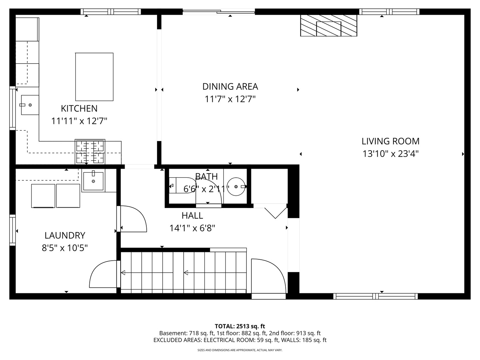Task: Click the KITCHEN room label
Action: click(x=79, y=108)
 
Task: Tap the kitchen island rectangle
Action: click(x=94, y=77)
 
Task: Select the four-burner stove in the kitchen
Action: click(x=90, y=152)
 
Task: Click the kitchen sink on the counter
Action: click(x=30, y=105)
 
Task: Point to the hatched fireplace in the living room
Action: click(x=329, y=25)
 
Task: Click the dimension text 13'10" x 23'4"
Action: click(x=390, y=154)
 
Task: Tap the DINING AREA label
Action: click(x=230, y=87)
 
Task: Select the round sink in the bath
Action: click(x=236, y=187)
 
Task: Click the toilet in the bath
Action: click(x=182, y=185)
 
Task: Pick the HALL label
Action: click(x=192, y=216)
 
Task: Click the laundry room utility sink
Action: click(x=93, y=181)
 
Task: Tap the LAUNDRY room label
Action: click(x=65, y=235)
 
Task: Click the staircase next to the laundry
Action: click(x=183, y=272)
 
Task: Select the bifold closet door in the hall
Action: click(x=275, y=213)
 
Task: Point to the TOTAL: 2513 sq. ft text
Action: click(x=240, y=326)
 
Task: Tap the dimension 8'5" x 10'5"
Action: click(x=65, y=248)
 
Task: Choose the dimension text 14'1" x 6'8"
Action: click(x=192, y=228)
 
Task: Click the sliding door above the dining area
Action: click(x=219, y=12)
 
